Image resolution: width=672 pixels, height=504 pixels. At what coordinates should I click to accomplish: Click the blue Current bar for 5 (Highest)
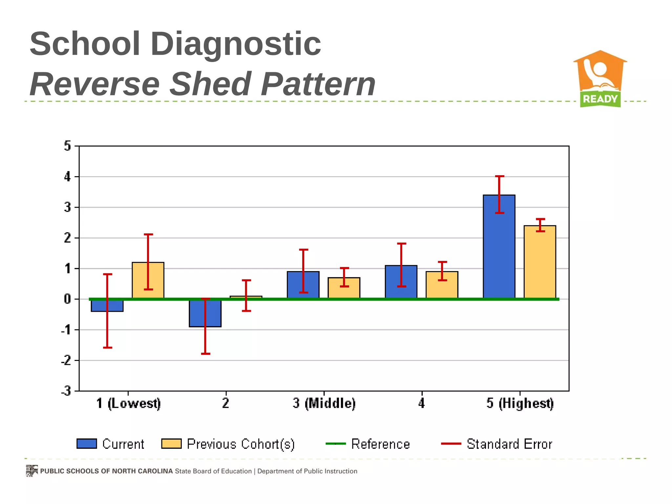[499, 246]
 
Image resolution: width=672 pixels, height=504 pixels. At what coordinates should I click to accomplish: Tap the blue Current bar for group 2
[205, 313]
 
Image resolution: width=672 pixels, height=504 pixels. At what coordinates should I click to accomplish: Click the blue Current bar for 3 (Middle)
[303, 284]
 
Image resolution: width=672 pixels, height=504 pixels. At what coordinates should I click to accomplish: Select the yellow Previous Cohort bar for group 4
[442, 284]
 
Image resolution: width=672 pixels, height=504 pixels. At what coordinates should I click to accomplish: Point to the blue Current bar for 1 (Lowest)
[107, 306]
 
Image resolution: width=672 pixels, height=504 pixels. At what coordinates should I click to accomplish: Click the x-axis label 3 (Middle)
[324, 403]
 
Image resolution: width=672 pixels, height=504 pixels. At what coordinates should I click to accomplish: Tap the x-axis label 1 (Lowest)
[128, 403]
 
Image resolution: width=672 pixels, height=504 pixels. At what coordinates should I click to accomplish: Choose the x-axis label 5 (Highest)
[520, 403]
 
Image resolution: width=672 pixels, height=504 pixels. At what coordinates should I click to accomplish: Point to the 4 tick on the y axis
[68, 177]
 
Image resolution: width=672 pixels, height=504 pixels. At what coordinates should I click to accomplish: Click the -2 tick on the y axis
[66, 361]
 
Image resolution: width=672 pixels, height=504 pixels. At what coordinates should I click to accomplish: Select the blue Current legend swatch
[87, 444]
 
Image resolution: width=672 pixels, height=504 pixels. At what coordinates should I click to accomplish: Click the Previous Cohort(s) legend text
[241, 444]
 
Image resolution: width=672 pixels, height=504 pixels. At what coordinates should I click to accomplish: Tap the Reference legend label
[380, 444]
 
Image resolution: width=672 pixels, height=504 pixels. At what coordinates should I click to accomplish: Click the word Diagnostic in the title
[235, 44]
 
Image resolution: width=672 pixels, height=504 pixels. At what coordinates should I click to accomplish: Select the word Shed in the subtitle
[211, 84]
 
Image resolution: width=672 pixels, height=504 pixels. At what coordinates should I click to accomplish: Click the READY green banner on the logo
[600, 99]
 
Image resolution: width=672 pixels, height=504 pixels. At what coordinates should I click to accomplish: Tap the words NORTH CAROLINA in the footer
[142, 471]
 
